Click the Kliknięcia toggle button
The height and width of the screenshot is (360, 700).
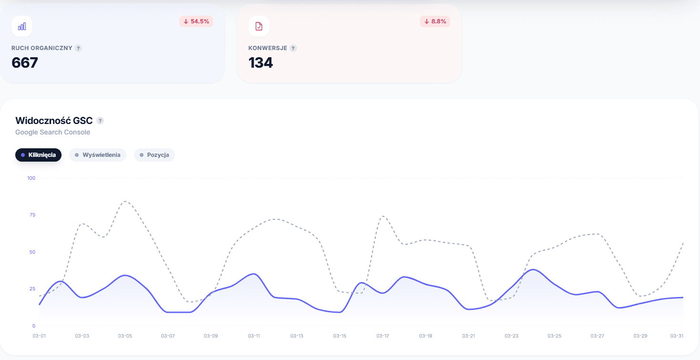click(39, 155)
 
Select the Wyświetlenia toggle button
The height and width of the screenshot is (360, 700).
click(97, 155)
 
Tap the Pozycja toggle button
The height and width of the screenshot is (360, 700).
click(154, 155)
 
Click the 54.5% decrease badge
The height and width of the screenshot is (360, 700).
click(196, 21)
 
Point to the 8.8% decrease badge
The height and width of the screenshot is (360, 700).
click(435, 21)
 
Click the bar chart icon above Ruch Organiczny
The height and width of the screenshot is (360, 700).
click(22, 26)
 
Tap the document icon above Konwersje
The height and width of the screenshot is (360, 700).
click(259, 26)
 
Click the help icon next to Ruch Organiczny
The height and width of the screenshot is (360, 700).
click(78, 48)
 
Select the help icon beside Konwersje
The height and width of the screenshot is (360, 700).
click(293, 48)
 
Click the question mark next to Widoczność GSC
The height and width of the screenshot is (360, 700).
click(100, 121)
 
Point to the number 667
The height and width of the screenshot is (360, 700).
click(25, 62)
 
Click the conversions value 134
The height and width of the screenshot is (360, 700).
click(261, 62)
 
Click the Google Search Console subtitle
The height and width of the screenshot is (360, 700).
click(53, 132)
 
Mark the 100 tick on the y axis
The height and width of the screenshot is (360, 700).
click(31, 178)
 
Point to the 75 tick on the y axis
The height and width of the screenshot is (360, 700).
click(32, 215)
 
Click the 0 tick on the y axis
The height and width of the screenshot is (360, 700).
click(34, 326)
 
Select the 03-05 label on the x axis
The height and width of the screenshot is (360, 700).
click(125, 336)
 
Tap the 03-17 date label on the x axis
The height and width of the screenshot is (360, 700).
click(382, 336)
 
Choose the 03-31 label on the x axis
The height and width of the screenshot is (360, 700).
click(677, 336)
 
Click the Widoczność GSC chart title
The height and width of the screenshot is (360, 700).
click(54, 121)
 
